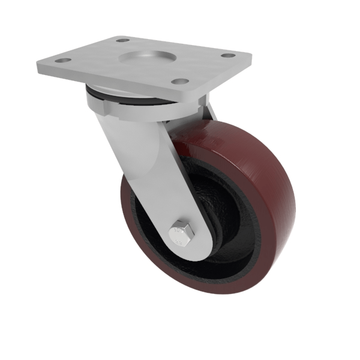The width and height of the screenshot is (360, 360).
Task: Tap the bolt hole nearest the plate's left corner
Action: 60,61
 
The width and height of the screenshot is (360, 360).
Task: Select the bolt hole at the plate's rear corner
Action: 122,41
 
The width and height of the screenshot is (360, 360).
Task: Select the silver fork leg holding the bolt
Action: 150,168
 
